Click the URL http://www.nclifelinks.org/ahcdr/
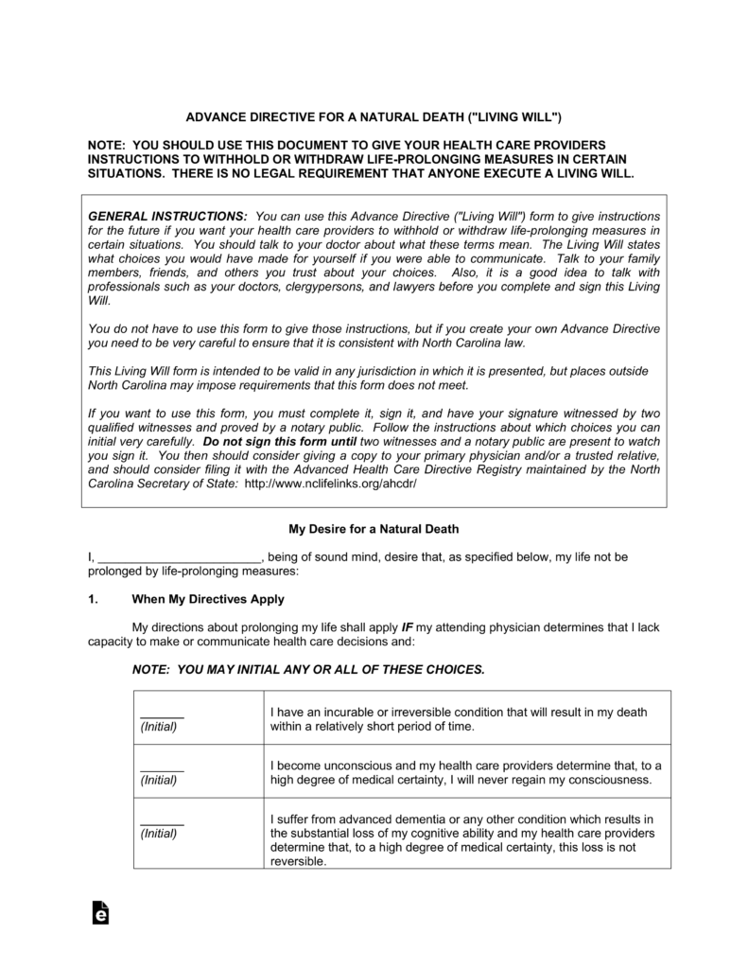tap(330, 483)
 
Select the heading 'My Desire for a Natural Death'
tap(373, 528)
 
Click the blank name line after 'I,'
tap(179, 557)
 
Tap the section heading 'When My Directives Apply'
tap(207, 599)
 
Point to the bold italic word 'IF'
tap(409, 626)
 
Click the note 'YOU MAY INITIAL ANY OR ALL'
tap(308, 668)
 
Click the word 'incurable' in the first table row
tap(350, 712)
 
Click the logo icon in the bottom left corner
tap(99, 911)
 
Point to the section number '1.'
tap(93, 599)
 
